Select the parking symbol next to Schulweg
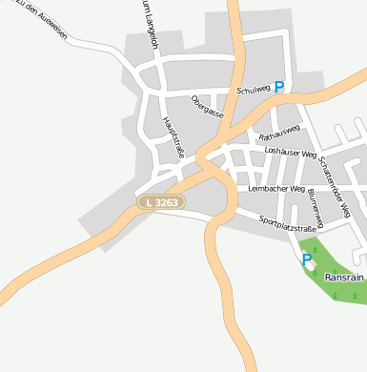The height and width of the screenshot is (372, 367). pos(279,87)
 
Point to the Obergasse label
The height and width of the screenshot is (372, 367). pos(207,106)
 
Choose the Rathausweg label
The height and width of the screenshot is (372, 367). pos(280,132)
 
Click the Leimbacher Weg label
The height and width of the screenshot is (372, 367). pos(275,189)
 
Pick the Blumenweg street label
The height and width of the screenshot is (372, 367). pos(316,207)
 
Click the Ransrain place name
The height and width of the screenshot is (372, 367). pos(345,278)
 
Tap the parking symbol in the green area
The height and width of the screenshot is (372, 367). pos(307,258)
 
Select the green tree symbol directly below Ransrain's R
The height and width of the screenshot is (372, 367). pos(335,295)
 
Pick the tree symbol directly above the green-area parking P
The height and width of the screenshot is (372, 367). pos(314,249)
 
